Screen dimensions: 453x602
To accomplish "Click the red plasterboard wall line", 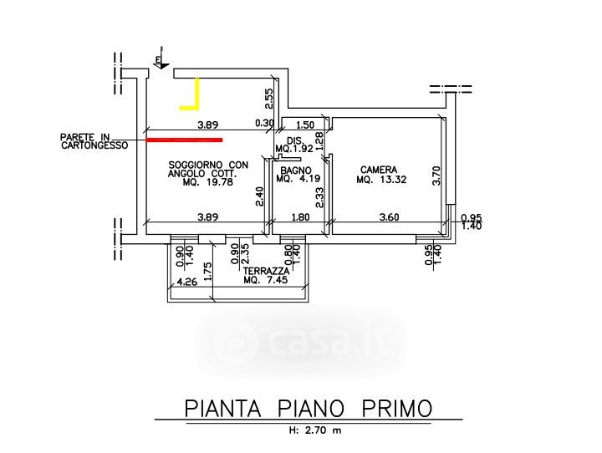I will (x=184, y=140).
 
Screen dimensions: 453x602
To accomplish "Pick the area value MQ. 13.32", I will (x=381, y=179).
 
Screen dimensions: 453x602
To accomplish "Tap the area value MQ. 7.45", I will (x=265, y=281).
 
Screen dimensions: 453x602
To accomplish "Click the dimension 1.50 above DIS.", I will (x=305, y=125).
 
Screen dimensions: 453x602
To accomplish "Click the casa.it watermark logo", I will (x=301, y=341).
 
